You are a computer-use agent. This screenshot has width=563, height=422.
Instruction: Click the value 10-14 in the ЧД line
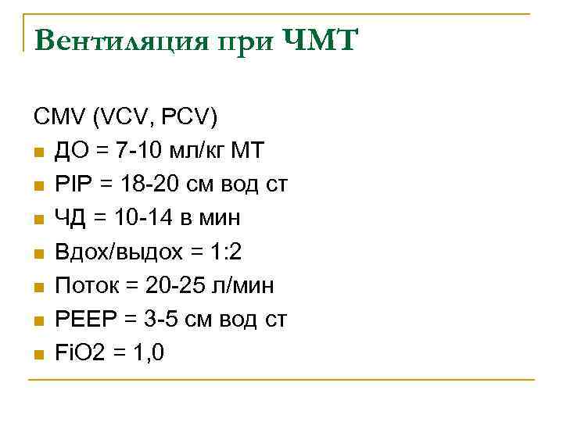134,218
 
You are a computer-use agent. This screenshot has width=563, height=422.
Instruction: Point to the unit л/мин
246,285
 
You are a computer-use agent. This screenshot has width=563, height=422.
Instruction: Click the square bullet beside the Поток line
38,287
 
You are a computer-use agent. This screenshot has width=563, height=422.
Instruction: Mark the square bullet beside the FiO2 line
38,354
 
